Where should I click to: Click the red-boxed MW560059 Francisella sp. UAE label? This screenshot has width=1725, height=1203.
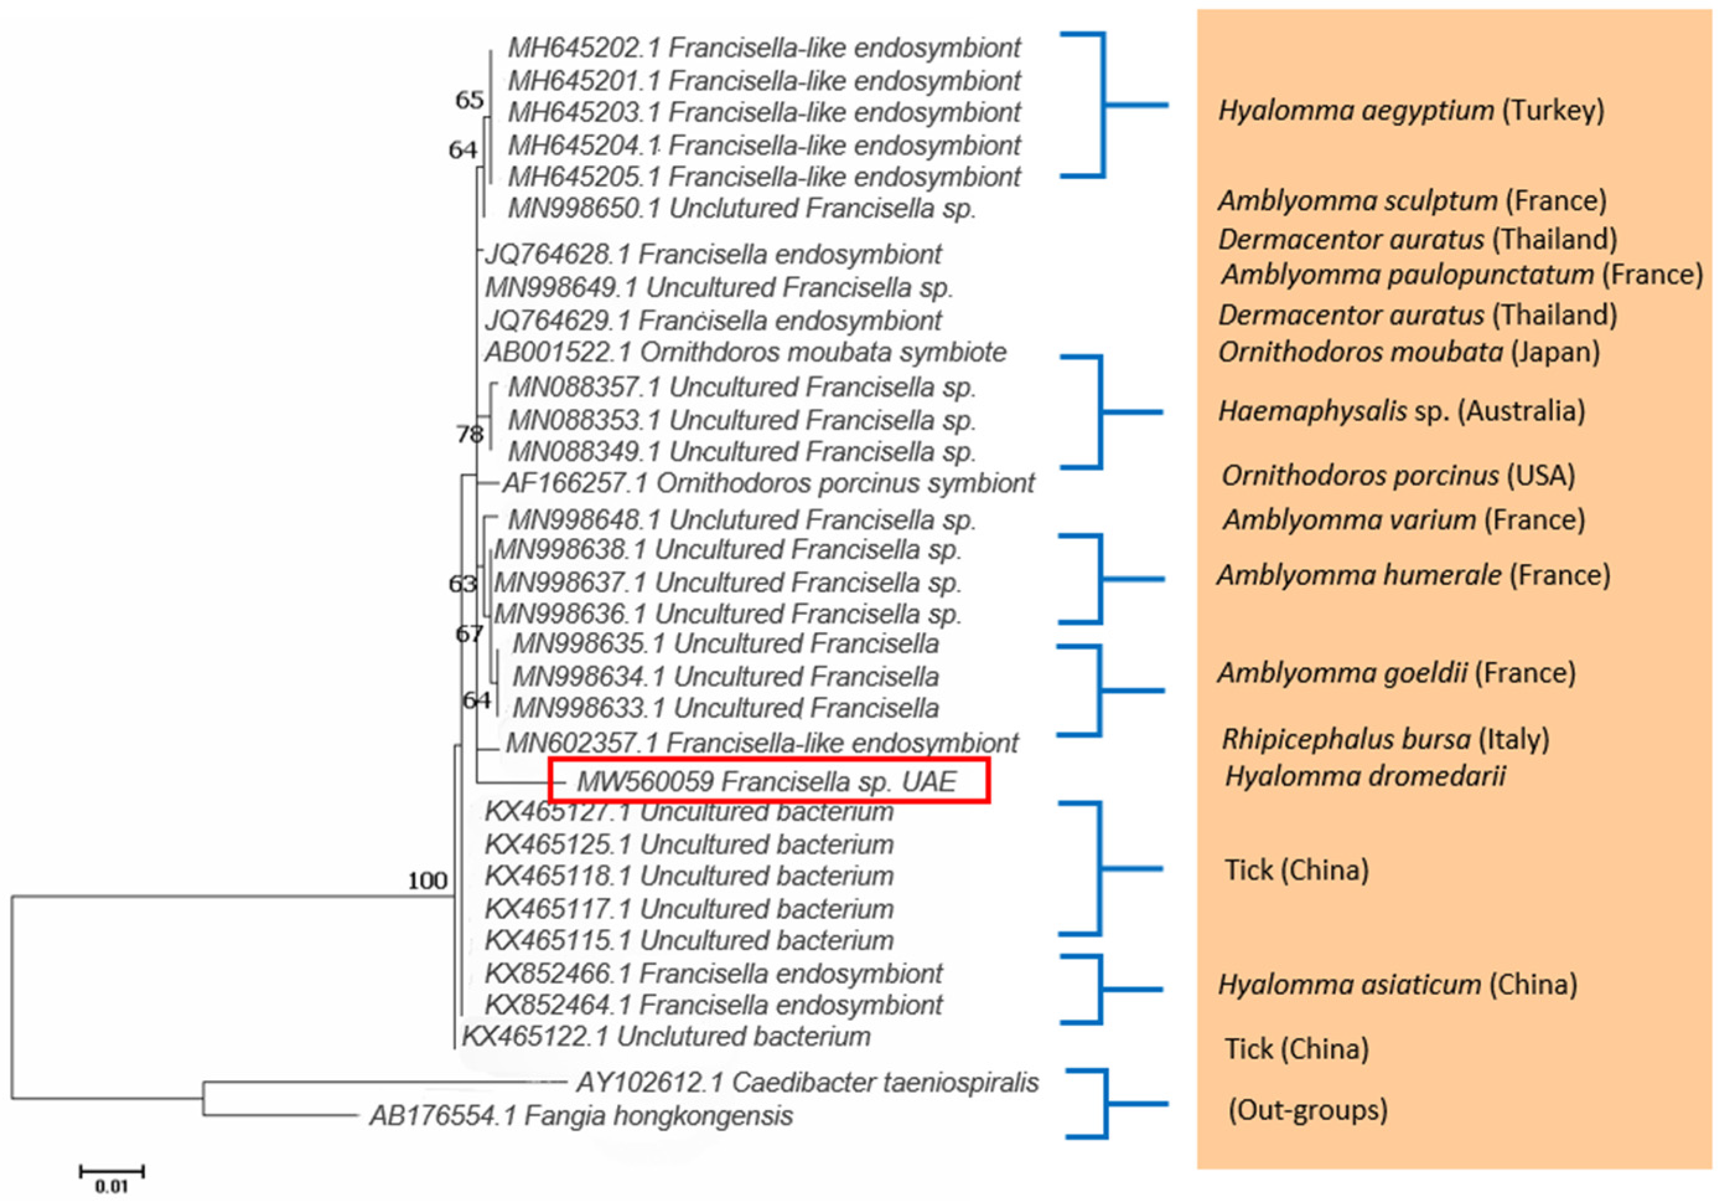(766, 782)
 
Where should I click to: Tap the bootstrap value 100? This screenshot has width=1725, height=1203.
(428, 880)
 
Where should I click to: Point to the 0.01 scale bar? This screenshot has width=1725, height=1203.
(111, 1172)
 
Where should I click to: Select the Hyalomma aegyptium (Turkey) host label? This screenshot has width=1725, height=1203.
(1411, 110)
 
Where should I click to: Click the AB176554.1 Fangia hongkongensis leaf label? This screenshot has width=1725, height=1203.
(581, 1116)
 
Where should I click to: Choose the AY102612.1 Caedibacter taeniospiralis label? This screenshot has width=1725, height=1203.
(807, 1083)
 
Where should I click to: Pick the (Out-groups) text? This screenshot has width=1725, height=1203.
(1307, 1110)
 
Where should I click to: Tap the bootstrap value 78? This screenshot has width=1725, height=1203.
(470, 434)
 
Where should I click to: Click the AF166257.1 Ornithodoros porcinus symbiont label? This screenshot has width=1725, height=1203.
(768, 483)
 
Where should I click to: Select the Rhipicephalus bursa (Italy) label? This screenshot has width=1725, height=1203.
(1385, 739)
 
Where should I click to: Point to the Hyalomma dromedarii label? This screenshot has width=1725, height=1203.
(1364, 776)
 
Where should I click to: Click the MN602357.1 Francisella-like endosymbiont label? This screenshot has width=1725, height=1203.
(761, 743)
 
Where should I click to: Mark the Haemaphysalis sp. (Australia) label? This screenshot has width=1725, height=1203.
(1401, 411)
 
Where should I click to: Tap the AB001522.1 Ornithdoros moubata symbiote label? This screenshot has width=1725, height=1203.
(745, 353)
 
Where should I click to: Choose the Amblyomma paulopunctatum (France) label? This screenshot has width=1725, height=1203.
(1461, 275)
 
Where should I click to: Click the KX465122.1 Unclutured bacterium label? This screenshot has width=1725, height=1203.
(665, 1036)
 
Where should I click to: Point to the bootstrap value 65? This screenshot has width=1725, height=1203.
(470, 100)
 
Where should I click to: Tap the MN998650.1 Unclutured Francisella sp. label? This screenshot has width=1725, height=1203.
(742, 208)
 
